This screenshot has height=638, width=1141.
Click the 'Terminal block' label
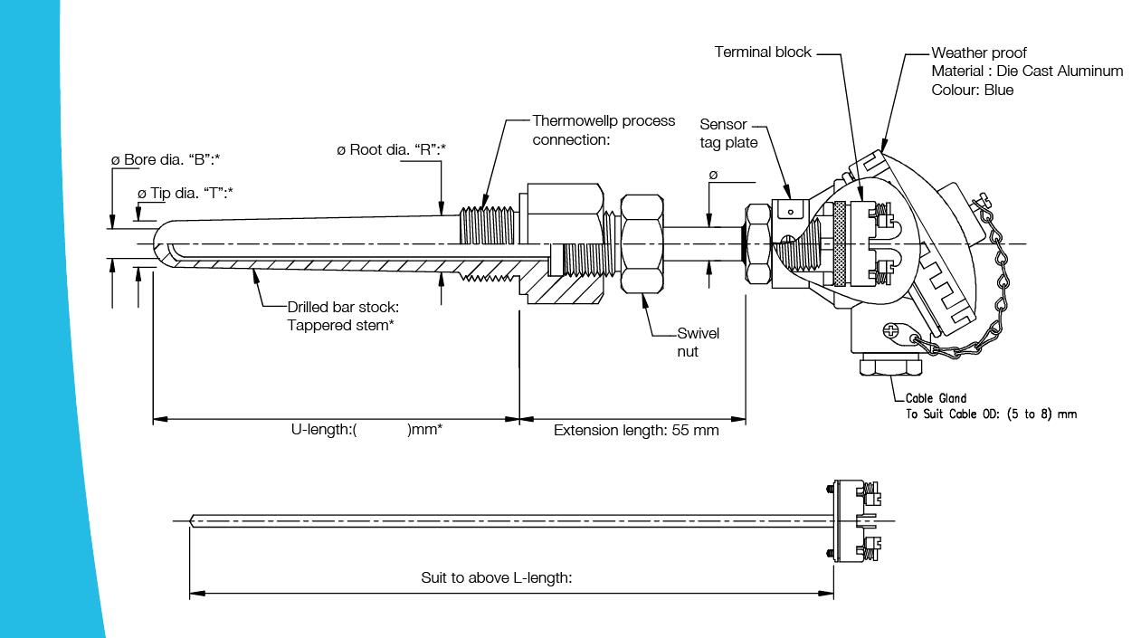763,52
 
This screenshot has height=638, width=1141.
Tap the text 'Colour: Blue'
972,90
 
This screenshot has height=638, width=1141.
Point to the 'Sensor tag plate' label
728,133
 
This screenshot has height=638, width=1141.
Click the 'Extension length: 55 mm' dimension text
636,430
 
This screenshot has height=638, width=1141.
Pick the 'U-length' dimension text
360,430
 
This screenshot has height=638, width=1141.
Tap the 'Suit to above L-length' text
497,577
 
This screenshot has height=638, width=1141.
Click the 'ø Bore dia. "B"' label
166,159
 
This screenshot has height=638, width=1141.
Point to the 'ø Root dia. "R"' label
394,149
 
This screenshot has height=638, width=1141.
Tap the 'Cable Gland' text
936,398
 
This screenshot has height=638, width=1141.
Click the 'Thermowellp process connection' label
604,129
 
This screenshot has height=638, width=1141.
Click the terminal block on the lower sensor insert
855,521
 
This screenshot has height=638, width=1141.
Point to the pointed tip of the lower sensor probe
193,520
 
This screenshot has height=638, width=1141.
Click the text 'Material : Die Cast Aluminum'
1027,71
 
